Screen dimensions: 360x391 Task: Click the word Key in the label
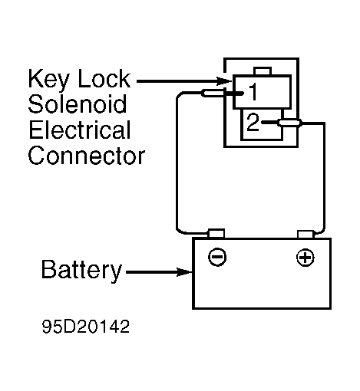pos(48,79)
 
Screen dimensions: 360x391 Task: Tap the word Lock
pos(104,78)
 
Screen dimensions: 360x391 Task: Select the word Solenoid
pos(78,103)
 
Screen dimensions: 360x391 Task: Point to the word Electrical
pos(80,130)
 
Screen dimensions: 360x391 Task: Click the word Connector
pos(87,156)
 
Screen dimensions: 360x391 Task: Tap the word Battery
pos(81,271)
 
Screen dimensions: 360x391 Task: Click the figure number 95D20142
pos(86,327)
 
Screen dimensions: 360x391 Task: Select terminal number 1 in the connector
pos(253,91)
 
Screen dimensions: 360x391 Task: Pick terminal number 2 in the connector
pos(253,122)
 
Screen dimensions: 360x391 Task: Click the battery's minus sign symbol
pos(217,257)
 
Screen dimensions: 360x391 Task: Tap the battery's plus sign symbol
pos(305,257)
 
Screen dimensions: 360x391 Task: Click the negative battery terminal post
pos(216,233)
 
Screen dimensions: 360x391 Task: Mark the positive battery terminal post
pos(306,234)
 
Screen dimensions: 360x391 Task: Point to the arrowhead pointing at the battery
pos(184,272)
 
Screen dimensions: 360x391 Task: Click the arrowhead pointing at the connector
pos(224,81)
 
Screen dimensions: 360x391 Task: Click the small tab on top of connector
pos(263,71)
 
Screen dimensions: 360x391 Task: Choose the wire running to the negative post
pos(177,163)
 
